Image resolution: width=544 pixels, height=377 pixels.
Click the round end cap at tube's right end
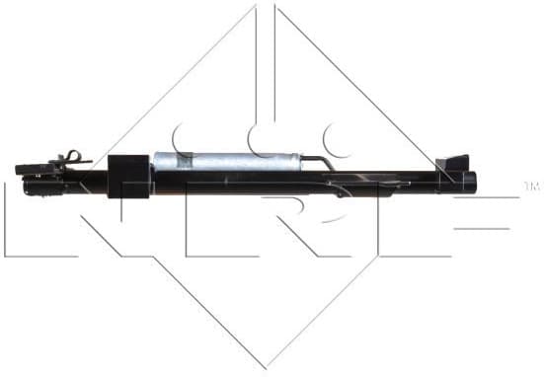pyautogui.click(x=471, y=183)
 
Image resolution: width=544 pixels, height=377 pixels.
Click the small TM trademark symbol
pyautogui.click(x=530, y=186)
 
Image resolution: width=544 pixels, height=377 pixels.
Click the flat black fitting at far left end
pyautogui.click(x=30, y=169)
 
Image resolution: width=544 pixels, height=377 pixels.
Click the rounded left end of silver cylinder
pyautogui.click(x=157, y=163)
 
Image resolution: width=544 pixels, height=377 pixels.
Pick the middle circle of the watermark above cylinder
pyautogui.click(x=263, y=138)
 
